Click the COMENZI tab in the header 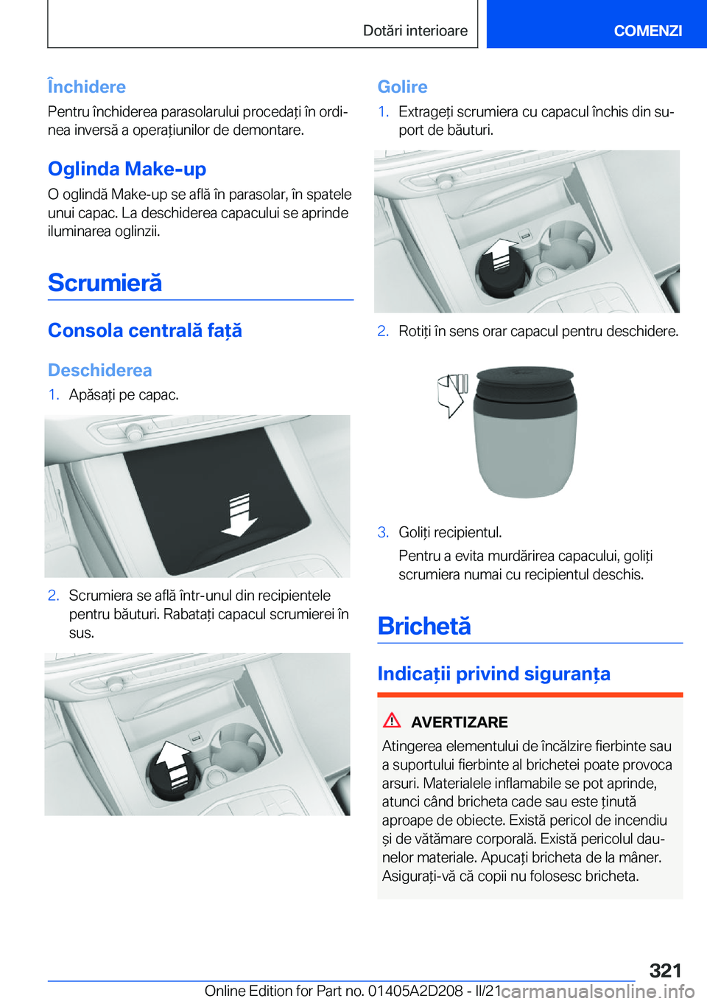(647, 30)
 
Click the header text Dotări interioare (415, 30)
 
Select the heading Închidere (87, 86)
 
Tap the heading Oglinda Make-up (127, 169)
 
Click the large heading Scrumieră (105, 282)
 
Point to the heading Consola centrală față (144, 330)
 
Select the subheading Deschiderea (100, 370)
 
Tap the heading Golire (403, 86)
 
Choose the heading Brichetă (424, 626)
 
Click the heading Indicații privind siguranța (494, 674)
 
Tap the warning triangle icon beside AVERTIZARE (392, 719)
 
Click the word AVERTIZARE (460, 722)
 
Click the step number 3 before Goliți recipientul (383, 532)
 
